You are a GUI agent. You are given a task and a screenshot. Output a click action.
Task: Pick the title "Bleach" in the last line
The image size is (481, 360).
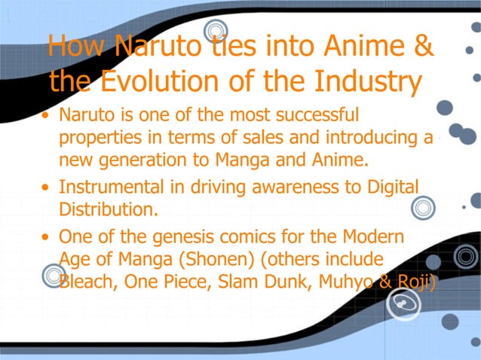(87, 281)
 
